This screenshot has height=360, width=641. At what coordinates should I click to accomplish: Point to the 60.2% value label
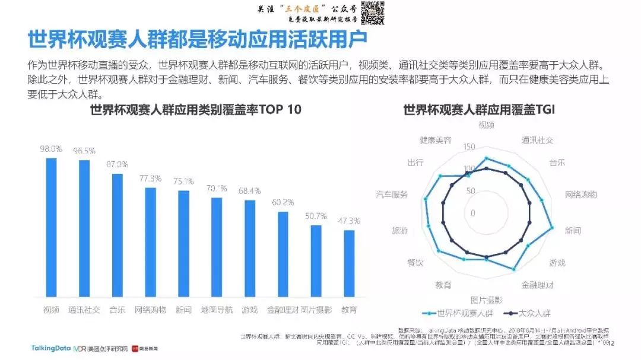point(283,202)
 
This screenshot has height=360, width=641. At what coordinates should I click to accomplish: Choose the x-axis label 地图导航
point(217,310)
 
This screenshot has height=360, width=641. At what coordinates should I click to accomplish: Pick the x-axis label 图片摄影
point(316,310)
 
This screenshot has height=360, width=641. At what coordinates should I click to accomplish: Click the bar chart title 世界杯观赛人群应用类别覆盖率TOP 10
point(196,110)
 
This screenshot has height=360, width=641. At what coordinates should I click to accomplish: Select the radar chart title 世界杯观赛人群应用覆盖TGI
point(478,110)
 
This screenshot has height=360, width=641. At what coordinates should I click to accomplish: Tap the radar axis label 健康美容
point(436,141)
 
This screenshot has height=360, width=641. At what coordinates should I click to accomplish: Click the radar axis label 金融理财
point(538,285)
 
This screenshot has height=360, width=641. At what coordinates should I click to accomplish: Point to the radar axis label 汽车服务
point(392,195)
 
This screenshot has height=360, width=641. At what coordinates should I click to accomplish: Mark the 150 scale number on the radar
point(469,147)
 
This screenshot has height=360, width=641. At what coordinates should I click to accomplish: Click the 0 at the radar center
point(473,213)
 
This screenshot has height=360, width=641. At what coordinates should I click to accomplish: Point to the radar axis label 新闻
point(573,230)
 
